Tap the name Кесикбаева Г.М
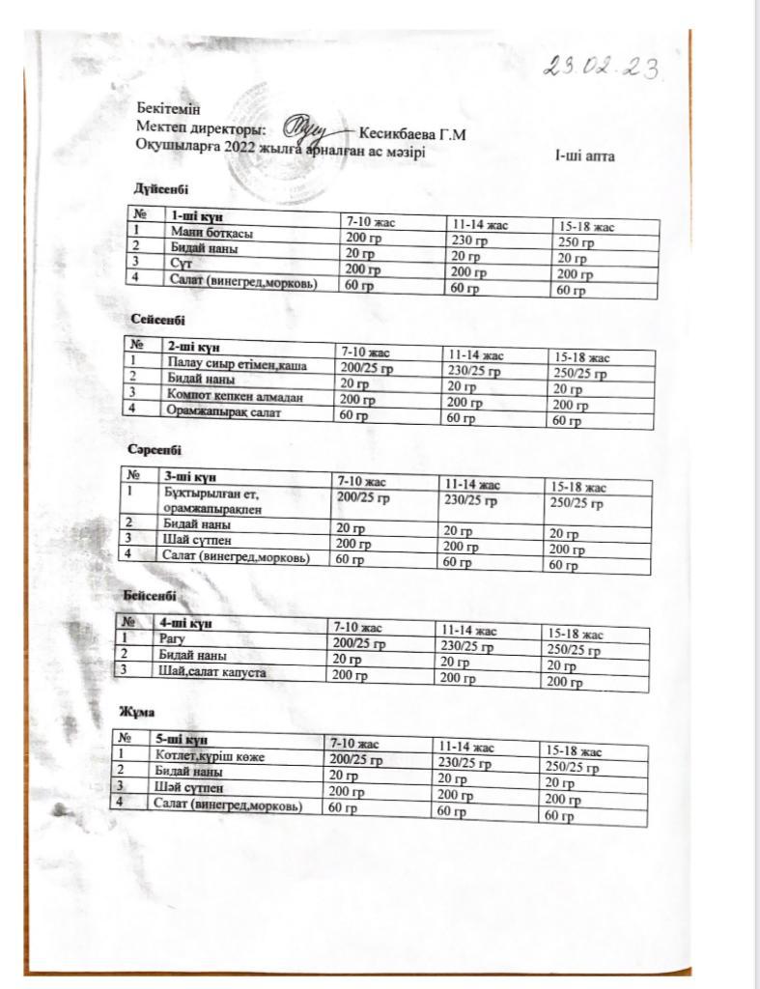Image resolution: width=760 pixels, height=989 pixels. [411, 134]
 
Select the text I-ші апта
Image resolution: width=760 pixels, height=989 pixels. [584, 156]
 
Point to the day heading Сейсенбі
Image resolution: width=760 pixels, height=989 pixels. [157, 319]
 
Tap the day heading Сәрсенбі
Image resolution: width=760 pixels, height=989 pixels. [154, 449]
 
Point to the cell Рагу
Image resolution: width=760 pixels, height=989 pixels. [170, 638]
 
